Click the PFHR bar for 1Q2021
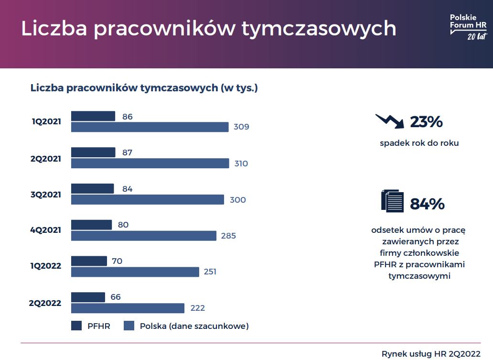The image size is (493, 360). (x=93, y=116)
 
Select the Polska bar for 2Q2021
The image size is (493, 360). (x=150, y=164)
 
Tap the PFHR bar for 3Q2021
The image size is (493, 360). (x=93, y=189)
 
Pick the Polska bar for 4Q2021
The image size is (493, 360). (x=144, y=236)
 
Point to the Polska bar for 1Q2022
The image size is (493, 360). (x=135, y=272)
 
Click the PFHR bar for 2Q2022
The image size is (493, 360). (x=88, y=297)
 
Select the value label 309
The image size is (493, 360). (x=241, y=127)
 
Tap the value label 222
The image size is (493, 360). (x=197, y=308)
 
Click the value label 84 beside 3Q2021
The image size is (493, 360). (x=127, y=189)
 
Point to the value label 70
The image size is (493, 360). (x=117, y=261)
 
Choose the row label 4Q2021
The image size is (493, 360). (x=46, y=230)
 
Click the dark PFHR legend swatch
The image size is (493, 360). (x=76, y=326)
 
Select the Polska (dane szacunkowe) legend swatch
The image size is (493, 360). (x=129, y=326)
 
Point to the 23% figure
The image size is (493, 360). (x=426, y=122)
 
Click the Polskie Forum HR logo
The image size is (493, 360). (x=468, y=27)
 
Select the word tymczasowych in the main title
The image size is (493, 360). (x=319, y=29)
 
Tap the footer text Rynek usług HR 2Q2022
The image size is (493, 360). (x=431, y=354)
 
